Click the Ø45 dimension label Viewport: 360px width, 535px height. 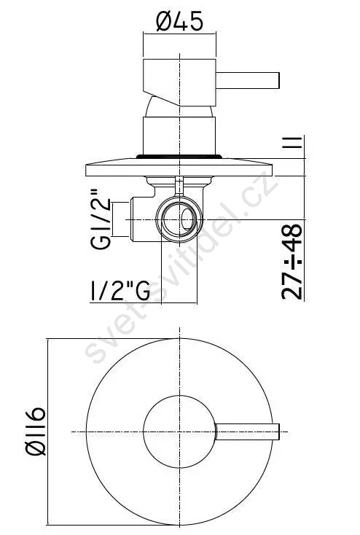click(x=179, y=21)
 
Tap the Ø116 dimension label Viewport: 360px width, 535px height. click(x=36, y=431)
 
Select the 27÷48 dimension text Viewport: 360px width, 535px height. click(x=292, y=262)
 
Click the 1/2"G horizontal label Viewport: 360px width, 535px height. click(x=120, y=290)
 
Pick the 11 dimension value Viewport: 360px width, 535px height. click(x=292, y=142)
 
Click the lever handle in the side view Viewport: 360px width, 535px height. click(x=248, y=80)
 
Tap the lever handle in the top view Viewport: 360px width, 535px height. click(x=248, y=431)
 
